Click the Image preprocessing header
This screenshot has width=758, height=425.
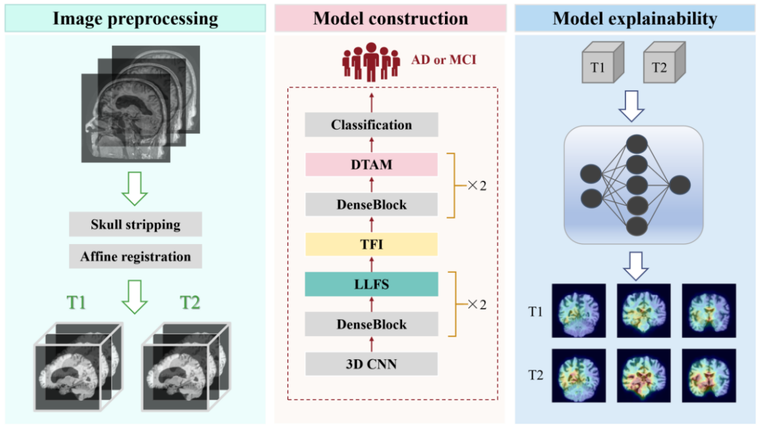click(135, 18)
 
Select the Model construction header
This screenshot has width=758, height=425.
click(390, 18)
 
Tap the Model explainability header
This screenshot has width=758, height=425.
click(635, 18)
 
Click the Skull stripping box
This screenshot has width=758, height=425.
click(136, 224)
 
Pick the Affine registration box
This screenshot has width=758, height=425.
click(136, 256)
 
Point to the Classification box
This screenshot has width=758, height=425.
click(371, 125)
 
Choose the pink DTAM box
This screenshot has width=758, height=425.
click(371, 165)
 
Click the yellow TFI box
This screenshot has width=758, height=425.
click(371, 244)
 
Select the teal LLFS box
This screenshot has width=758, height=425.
click(371, 284)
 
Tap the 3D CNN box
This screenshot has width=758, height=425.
click(371, 364)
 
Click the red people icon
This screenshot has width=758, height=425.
click(371, 61)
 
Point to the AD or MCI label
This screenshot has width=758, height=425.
click(444, 60)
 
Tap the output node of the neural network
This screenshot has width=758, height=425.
click(680, 185)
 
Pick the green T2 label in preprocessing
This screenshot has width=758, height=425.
click(190, 302)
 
